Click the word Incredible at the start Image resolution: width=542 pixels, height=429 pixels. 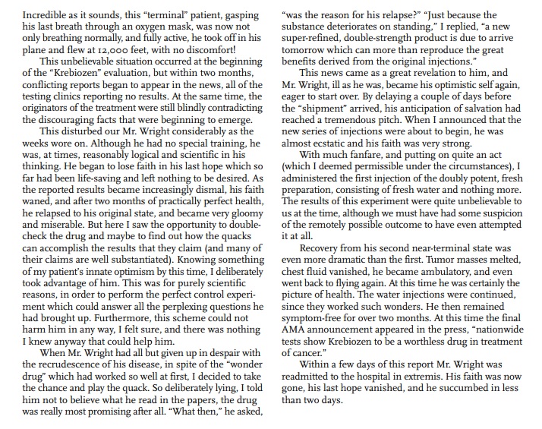(28, 14)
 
